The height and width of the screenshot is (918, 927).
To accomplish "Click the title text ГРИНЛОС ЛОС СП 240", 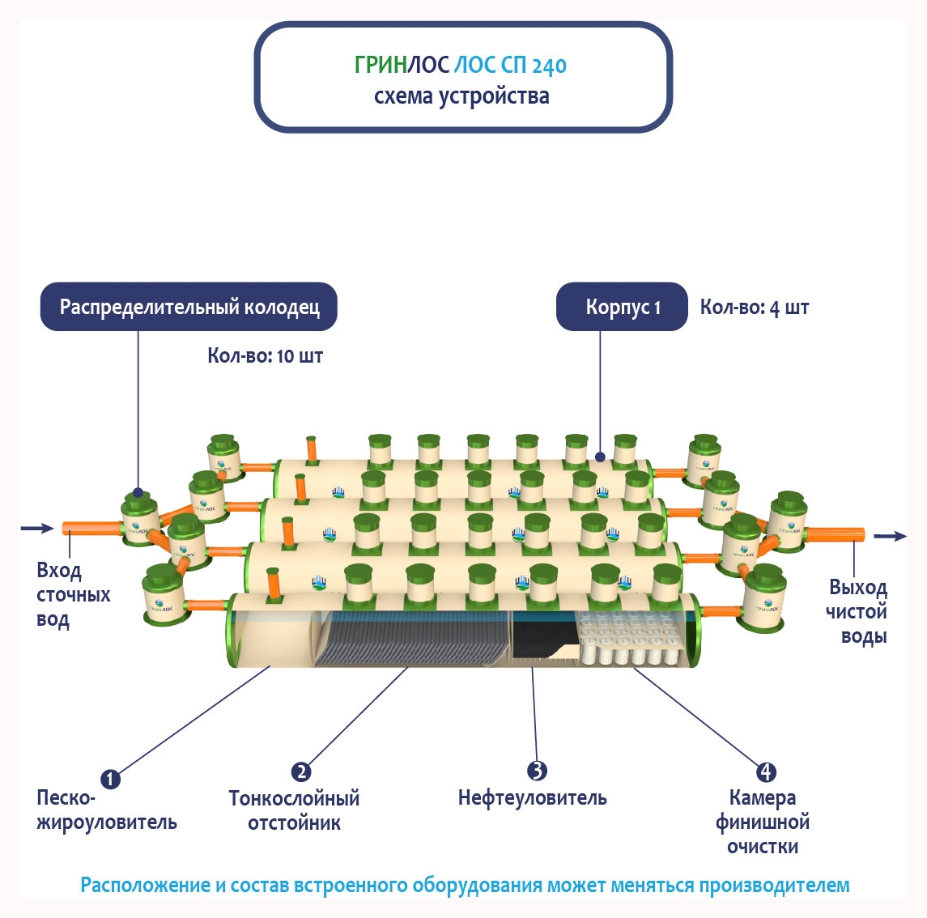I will [x=460, y=65].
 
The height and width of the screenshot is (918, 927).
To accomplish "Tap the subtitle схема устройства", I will [x=461, y=96].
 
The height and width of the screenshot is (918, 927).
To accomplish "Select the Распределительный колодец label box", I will [x=189, y=307].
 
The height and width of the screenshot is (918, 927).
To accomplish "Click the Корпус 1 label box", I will [x=622, y=308].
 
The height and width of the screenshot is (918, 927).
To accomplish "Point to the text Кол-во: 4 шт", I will [x=754, y=308].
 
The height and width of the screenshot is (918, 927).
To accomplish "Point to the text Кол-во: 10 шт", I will [x=265, y=356].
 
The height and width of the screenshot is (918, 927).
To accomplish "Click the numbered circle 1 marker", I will [x=110, y=780].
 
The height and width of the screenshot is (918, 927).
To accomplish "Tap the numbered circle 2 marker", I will [x=301, y=771].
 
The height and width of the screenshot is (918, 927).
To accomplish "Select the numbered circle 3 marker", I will [x=537, y=771].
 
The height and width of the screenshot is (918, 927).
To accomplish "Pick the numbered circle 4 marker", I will [x=765, y=771].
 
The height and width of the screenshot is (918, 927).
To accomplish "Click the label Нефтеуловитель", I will [x=532, y=798].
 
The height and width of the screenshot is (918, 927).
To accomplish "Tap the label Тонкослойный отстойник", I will [x=294, y=810].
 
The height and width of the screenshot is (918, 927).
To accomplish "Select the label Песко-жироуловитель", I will [x=106, y=810].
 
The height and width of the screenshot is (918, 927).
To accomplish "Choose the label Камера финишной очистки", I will [x=763, y=822].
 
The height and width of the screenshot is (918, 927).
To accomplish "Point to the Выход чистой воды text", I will [x=857, y=611].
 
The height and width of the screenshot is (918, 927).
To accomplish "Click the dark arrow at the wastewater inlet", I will [x=36, y=529].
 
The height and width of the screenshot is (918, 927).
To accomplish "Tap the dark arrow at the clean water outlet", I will [x=890, y=536].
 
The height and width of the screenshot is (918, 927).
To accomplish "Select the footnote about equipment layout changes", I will [x=465, y=885].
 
